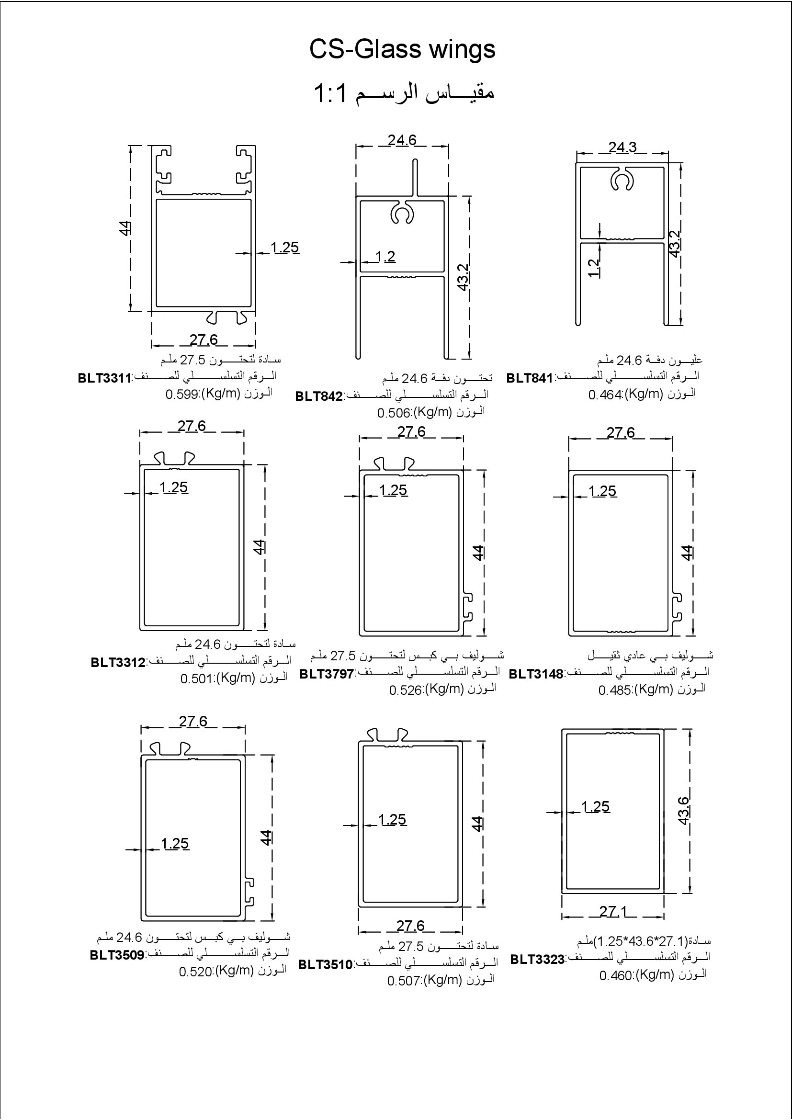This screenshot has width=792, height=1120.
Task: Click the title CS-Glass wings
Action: (x=402, y=49)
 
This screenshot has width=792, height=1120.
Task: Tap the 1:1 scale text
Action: (x=330, y=93)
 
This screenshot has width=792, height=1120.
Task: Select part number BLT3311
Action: (x=105, y=379)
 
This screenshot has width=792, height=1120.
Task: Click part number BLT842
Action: (x=319, y=396)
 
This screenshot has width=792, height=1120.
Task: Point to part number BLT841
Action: (x=530, y=378)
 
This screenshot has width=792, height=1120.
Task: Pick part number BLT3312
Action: (x=118, y=663)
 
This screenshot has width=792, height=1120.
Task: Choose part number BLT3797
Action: (x=326, y=674)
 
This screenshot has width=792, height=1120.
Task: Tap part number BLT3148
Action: (x=536, y=674)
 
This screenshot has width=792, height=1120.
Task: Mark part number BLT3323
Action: (x=537, y=960)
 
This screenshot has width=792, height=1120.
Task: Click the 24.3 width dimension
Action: (x=622, y=147)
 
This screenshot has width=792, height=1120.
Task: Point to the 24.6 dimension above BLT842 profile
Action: (x=402, y=140)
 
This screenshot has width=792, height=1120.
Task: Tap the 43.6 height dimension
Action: (x=683, y=810)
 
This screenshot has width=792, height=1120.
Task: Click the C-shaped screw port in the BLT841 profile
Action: (x=622, y=182)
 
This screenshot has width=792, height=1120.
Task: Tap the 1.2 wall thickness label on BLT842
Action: (x=385, y=257)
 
